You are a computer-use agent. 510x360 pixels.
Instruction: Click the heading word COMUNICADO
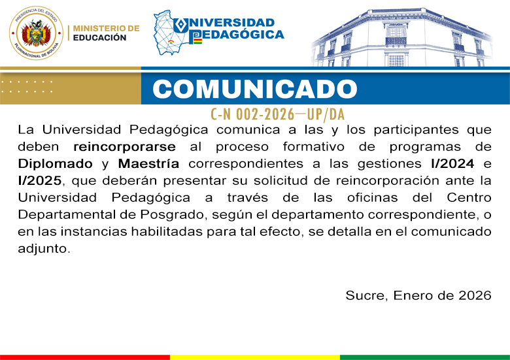(x=256, y=89)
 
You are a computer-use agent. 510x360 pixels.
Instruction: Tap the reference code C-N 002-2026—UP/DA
(x=277, y=114)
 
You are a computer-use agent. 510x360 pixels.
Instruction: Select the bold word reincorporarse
(x=120, y=146)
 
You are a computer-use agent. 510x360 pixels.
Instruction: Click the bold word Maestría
(x=148, y=163)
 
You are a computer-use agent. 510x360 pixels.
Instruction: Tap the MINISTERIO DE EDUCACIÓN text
(x=106, y=33)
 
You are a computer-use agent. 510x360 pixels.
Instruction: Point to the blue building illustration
(x=409, y=36)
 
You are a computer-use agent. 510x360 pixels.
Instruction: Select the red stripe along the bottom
(x=85, y=357)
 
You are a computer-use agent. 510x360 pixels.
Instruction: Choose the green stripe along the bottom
(x=425, y=357)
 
